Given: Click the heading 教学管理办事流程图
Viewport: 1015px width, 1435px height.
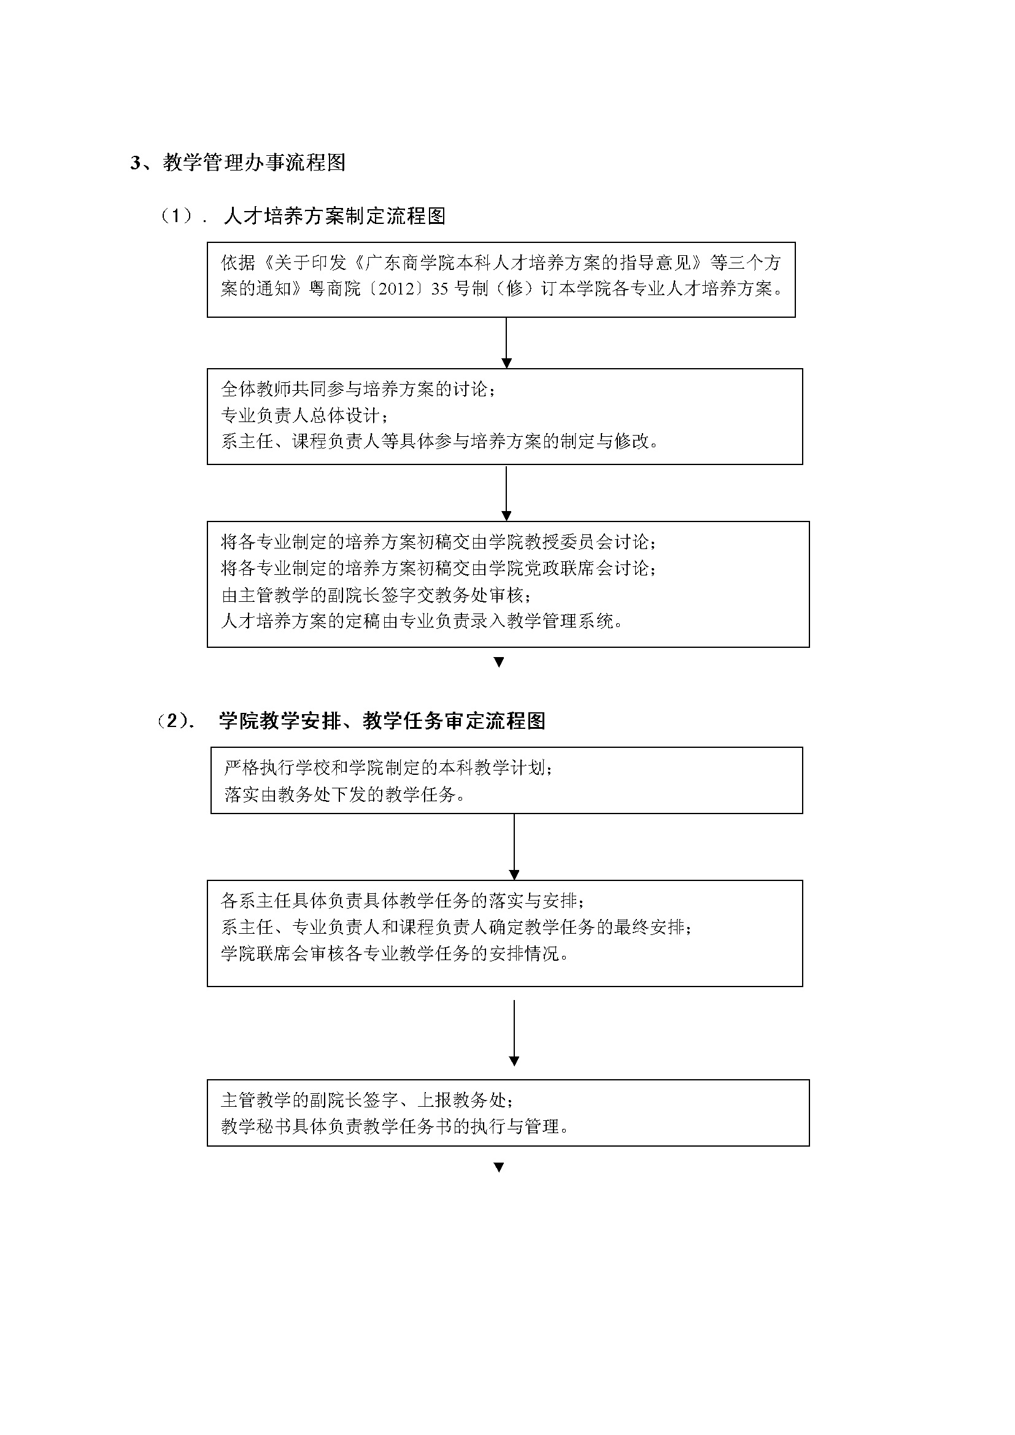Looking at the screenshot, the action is tap(255, 163).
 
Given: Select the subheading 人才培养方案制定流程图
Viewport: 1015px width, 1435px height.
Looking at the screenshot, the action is tap(334, 216).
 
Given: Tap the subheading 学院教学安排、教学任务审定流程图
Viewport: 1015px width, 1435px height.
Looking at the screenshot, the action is tap(382, 721).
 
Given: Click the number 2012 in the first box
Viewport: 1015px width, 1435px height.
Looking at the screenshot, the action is tap(394, 290).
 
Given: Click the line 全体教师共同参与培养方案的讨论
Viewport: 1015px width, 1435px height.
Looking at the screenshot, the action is tap(359, 389).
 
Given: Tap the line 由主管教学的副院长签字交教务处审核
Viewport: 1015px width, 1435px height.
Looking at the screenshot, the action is tap(377, 594).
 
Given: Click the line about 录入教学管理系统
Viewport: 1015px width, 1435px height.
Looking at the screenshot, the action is tap(422, 621).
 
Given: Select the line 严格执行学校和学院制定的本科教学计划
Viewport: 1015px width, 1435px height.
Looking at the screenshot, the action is tap(388, 768).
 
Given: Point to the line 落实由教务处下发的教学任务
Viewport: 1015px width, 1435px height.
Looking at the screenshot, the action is tap(345, 794).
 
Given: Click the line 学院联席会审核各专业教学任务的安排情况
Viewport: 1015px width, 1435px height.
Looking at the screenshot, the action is tap(395, 954).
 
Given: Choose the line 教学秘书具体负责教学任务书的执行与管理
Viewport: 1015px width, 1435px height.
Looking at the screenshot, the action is tap(395, 1126).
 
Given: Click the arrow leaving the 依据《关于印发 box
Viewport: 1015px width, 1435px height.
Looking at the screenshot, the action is tap(506, 342).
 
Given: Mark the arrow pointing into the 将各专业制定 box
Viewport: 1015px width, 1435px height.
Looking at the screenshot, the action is tap(506, 493).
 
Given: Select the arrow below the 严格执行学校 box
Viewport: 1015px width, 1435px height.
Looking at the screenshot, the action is tap(514, 847).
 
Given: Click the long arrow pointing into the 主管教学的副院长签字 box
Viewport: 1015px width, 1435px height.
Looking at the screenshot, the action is tap(514, 1033).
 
